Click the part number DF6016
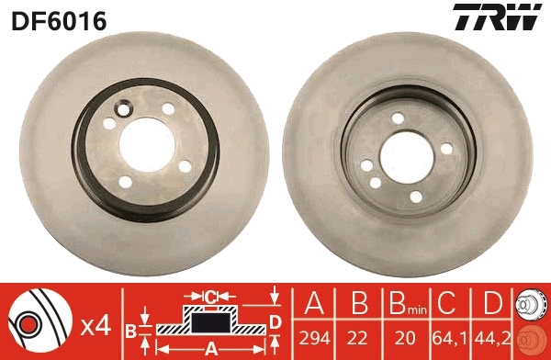point(59,19)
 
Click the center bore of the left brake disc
point(147,142)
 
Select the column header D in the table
point(492,306)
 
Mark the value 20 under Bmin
point(402,338)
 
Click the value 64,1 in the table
point(447,338)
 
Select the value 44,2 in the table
point(493,338)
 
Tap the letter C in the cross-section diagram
point(209,297)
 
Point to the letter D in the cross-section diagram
point(275,320)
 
